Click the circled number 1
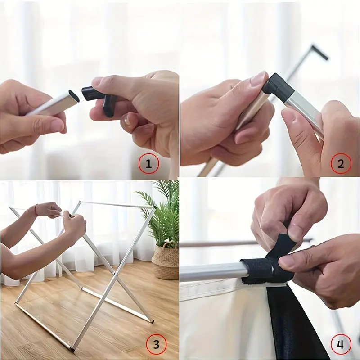[148, 164]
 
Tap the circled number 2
[341, 164]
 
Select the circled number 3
[156, 344]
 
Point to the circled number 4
[341, 344]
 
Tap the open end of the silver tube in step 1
[74, 96]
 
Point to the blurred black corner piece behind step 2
[319, 52]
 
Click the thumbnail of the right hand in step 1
[98, 81]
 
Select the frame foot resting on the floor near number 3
[152, 320]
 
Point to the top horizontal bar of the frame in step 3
[117, 204]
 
